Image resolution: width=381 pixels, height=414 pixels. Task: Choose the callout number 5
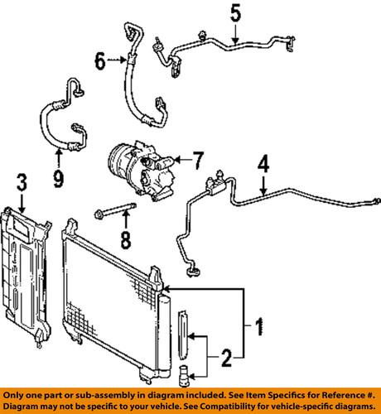[234, 12]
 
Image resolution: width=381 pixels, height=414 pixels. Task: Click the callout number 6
[99, 60]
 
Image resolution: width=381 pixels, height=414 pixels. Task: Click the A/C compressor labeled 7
[140, 169]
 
